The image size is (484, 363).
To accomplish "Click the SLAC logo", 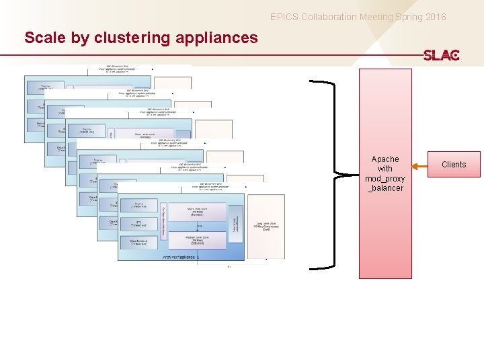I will point(441,55).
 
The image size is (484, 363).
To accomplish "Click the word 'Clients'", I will point(453,165).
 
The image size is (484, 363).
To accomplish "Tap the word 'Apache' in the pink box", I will point(385,159).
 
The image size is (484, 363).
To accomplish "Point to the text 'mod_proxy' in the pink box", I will point(385,179).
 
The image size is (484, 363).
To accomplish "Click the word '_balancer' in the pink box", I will point(385,188).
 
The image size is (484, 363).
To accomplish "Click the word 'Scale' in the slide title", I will point(46,38).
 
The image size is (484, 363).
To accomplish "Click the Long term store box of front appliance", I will point(266,227).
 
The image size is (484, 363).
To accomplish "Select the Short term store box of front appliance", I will point(199,213).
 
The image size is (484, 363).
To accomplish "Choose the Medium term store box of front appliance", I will point(199,240).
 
